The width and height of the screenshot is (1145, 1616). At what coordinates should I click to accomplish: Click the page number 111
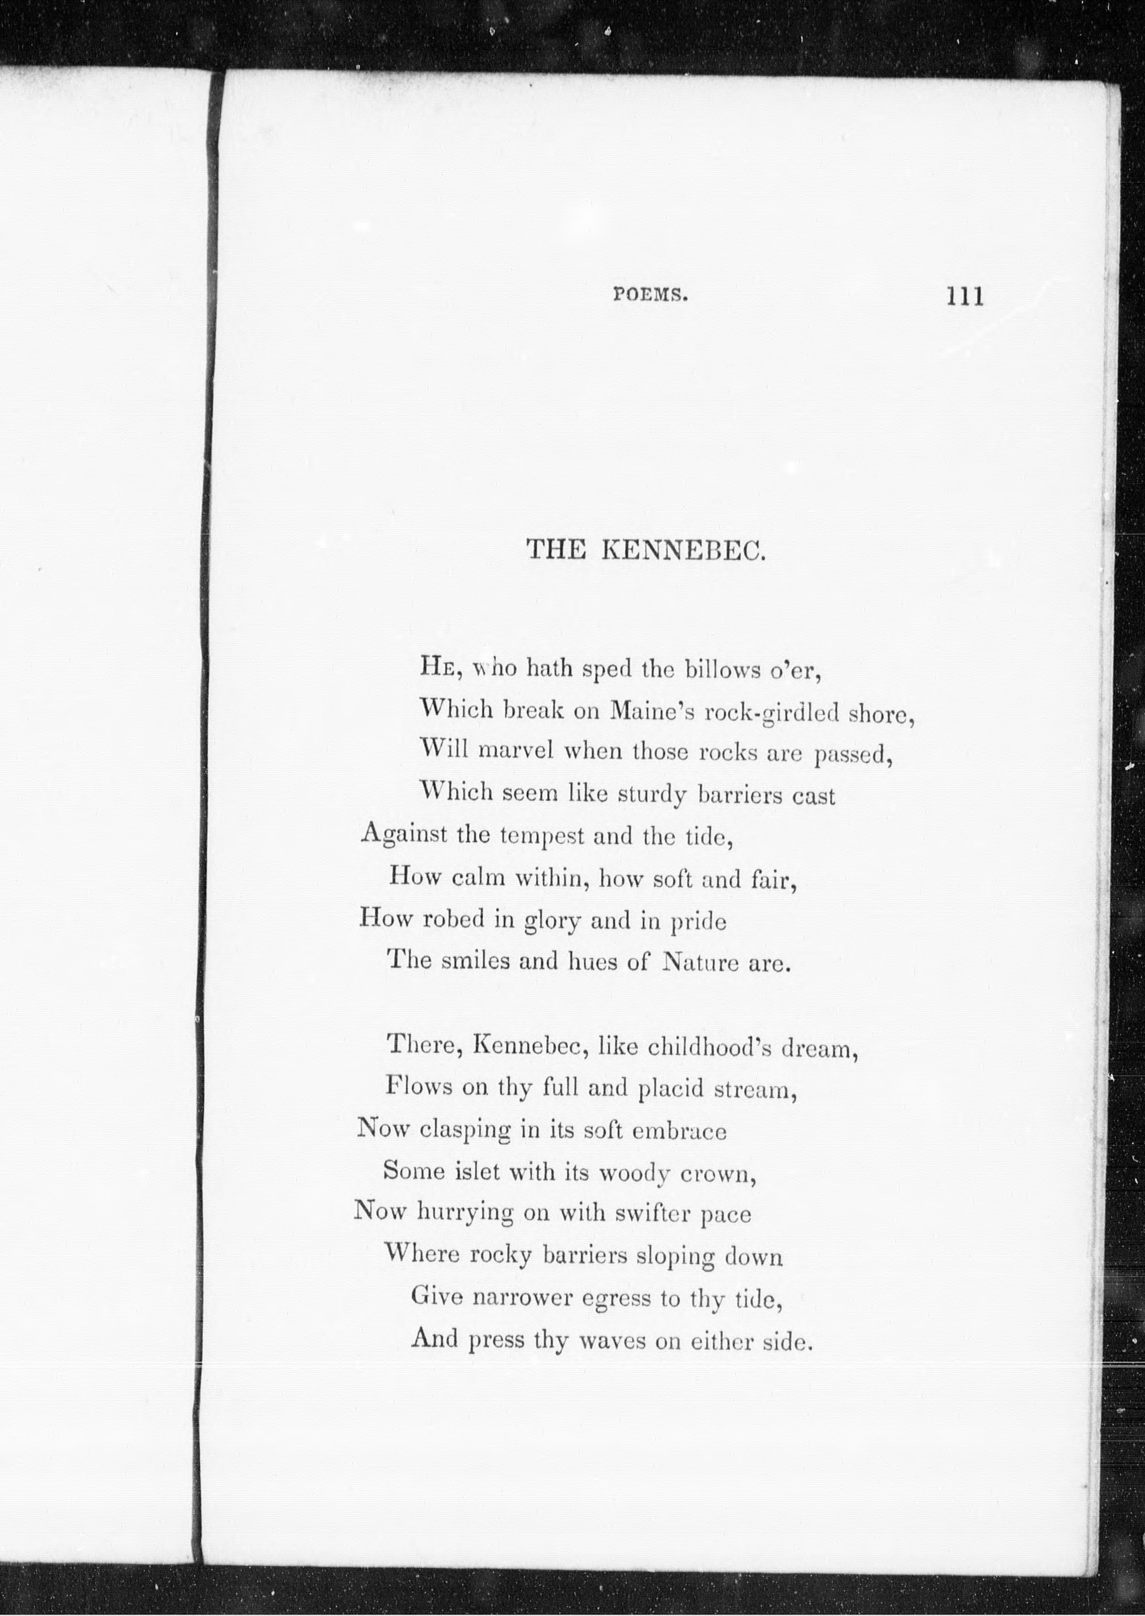pyautogui.click(x=965, y=296)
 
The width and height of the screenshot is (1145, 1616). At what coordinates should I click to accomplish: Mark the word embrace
pyautogui.click(x=679, y=1131)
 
